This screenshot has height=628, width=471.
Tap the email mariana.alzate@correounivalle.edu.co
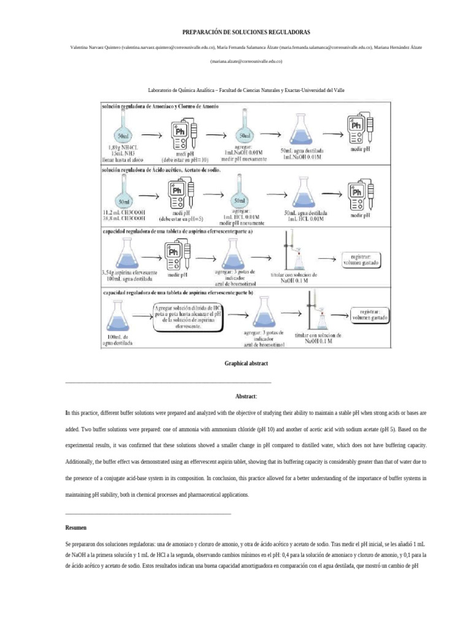(x=246, y=61)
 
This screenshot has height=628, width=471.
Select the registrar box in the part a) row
(x=362, y=259)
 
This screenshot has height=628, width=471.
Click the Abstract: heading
(x=246, y=397)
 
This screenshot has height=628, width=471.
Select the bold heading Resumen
(x=76, y=527)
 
